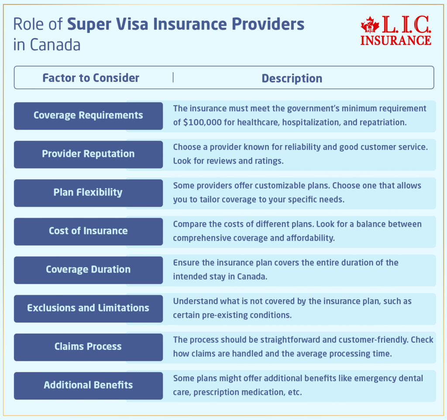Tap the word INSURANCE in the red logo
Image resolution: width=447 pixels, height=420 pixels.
pyautogui.click(x=396, y=40)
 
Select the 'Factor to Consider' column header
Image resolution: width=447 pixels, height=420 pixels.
pyautogui.click(x=91, y=78)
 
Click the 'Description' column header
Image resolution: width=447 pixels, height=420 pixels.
pyautogui.click(x=292, y=79)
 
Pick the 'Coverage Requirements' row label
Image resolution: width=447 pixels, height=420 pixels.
pyautogui.click(x=88, y=116)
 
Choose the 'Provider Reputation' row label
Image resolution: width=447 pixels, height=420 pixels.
pyautogui.click(x=88, y=154)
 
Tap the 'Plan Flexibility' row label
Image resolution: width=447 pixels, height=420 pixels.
pyautogui.click(x=88, y=192)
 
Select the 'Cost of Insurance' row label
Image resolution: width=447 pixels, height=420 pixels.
pyautogui.click(x=88, y=231)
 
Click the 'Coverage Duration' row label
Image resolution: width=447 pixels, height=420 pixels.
pyautogui.click(x=88, y=270)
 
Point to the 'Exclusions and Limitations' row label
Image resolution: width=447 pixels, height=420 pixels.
pyautogui.click(x=88, y=308)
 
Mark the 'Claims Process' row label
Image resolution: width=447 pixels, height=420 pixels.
pyautogui.click(x=88, y=347)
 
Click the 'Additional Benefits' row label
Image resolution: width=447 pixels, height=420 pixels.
pyautogui.click(x=88, y=385)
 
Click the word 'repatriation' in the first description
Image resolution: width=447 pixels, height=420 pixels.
pyautogui.click(x=381, y=123)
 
